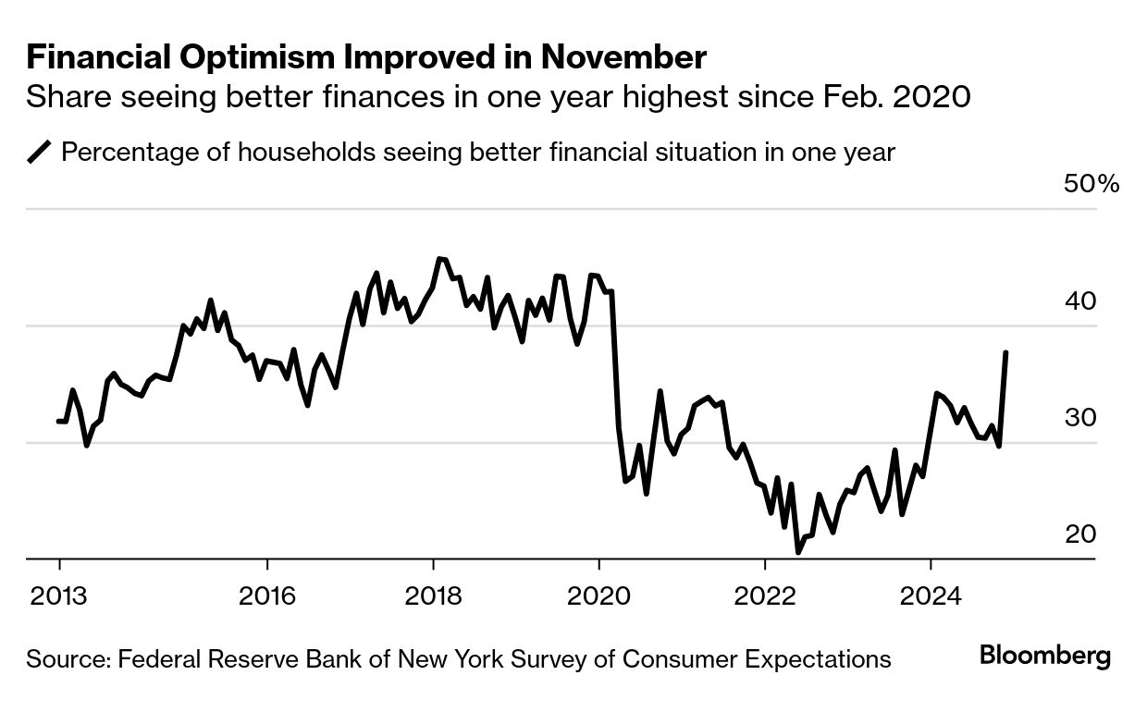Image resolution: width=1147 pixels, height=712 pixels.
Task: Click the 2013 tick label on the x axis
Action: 59,594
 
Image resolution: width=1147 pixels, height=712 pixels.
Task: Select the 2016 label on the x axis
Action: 266,594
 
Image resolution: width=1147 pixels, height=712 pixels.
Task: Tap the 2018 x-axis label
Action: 433,594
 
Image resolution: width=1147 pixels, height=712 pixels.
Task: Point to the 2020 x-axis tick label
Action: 598,594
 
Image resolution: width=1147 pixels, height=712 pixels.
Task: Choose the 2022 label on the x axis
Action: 765,594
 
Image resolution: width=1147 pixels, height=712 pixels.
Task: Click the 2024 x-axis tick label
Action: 931,594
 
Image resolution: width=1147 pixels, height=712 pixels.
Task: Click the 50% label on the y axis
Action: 1091,184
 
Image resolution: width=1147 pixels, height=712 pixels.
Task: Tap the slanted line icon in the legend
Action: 41,152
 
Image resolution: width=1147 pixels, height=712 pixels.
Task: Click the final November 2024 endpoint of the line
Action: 1005,352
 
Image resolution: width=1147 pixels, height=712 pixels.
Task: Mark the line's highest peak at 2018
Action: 438,259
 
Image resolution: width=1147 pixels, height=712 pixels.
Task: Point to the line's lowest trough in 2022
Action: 798,553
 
